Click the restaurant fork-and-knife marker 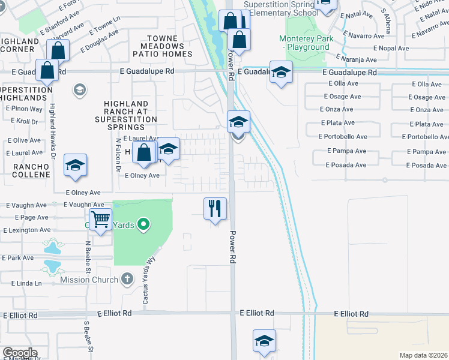tap(215, 209)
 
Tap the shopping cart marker tap(101, 220)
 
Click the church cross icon tap(127, 278)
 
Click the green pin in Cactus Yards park tap(143, 225)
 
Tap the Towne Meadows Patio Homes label tap(166, 46)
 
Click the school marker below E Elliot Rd tap(264, 341)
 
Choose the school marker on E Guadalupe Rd tap(280, 72)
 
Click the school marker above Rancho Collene tap(75, 165)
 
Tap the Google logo tap(20, 353)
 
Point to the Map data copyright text tap(423, 355)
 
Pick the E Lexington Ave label tap(27, 230)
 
